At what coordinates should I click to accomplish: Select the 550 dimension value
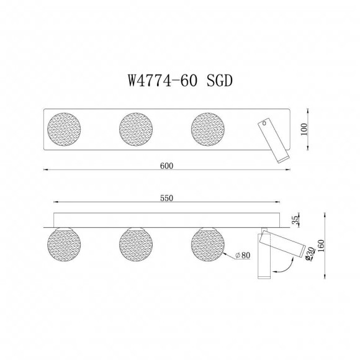[166, 198]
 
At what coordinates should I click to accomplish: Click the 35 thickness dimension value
[296, 219]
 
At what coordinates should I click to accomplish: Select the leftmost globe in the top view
[65, 130]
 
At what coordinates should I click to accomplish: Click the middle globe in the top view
[137, 130]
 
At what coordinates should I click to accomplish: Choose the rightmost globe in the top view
[209, 130]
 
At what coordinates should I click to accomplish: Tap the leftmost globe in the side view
[65, 246]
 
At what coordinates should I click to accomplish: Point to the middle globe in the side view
[137, 246]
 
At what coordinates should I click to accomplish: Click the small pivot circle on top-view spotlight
[266, 124]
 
